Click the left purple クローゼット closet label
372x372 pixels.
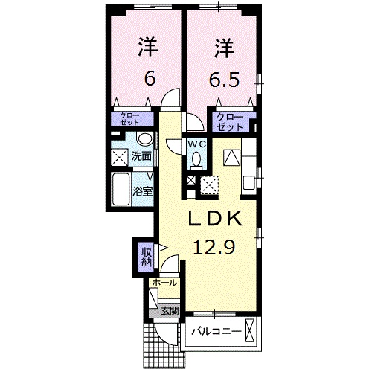[135, 119]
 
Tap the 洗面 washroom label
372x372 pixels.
[141, 156]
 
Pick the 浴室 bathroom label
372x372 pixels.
[142, 191]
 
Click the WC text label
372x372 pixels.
[196, 144]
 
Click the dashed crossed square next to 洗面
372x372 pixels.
[119, 157]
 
